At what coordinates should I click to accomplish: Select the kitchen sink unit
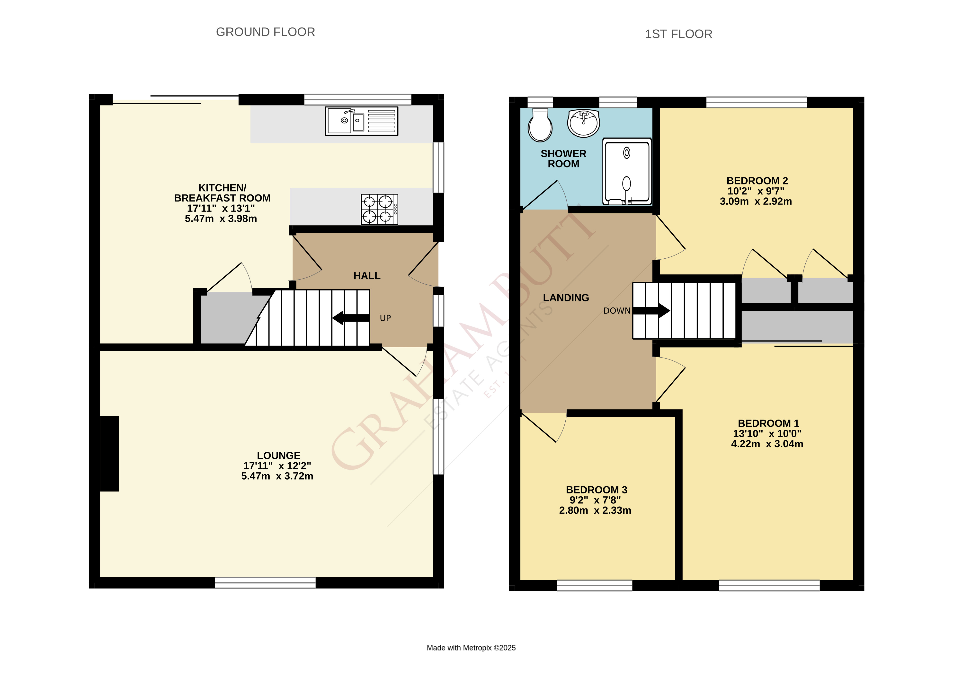tap(361, 121)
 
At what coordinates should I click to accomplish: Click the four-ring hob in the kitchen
tap(379, 209)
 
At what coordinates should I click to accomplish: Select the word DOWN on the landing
tap(616, 311)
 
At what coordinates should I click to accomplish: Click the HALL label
tap(367, 276)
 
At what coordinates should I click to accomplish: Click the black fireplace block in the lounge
tap(110, 454)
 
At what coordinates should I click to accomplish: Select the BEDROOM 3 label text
tap(596, 490)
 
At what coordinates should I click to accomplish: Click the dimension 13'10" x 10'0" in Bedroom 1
tap(767, 434)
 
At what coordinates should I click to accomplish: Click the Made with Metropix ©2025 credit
tap(471, 648)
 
